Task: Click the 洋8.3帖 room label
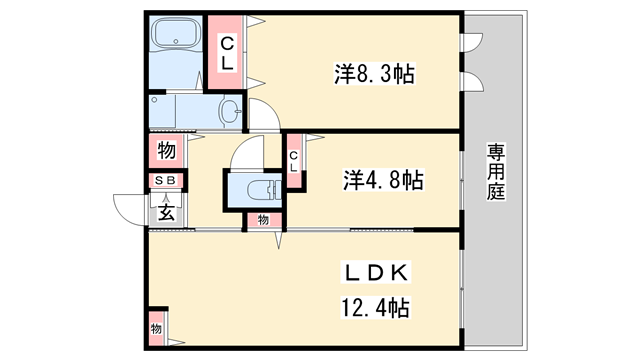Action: click(374, 73)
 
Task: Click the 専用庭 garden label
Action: click(496, 171)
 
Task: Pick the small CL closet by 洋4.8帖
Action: click(295, 160)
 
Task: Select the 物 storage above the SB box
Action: click(166, 152)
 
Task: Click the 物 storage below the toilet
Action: click(264, 219)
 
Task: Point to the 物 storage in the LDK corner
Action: click(157, 328)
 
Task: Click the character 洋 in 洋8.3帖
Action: click(342, 73)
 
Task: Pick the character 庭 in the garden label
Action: click(496, 192)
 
